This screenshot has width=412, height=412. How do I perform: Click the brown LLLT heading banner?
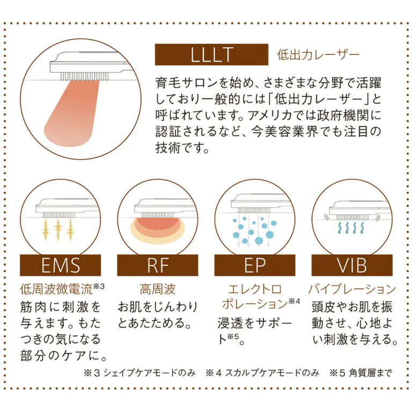point(211,55)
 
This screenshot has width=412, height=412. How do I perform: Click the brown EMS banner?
point(60,266)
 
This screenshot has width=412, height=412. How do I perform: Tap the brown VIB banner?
point(352,266)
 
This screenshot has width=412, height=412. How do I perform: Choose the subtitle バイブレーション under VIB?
point(352,290)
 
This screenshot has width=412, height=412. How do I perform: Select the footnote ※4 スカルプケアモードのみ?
point(262,373)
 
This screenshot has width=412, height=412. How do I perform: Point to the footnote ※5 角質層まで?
point(360,373)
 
